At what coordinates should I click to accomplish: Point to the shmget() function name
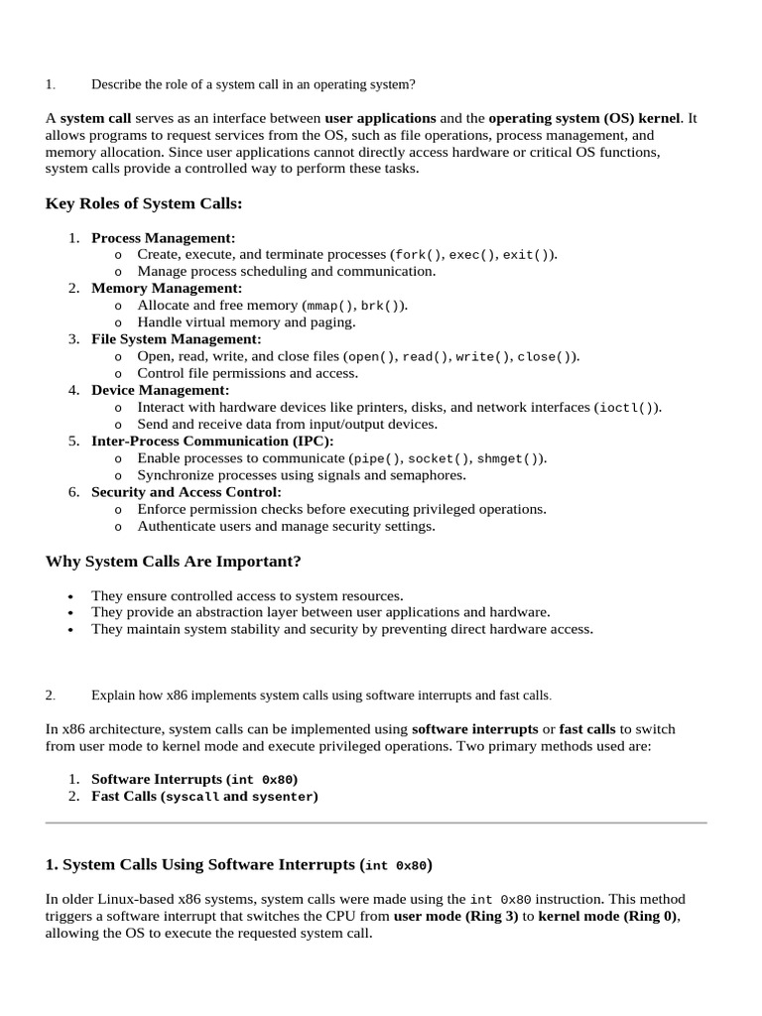(x=517, y=458)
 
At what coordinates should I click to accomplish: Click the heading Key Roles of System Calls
(x=144, y=203)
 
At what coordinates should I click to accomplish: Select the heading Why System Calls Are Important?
(x=173, y=562)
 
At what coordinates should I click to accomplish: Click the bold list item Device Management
(x=160, y=390)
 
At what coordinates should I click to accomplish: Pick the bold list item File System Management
(x=176, y=339)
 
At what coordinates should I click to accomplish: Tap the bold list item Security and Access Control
(x=186, y=492)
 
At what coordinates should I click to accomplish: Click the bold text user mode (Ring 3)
(x=455, y=917)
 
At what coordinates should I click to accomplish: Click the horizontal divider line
(x=376, y=823)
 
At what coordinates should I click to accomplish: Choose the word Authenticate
(x=176, y=526)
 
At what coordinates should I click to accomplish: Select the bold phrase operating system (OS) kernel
(x=584, y=118)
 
